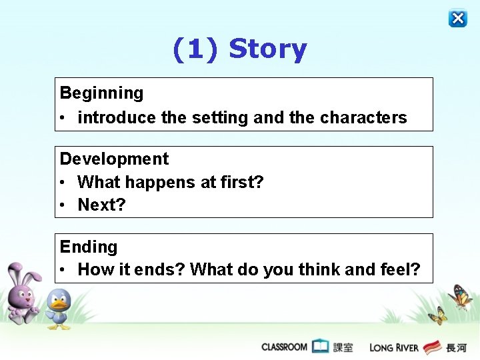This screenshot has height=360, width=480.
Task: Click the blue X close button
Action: pos(458,18)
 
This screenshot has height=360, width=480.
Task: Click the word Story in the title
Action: pos(267,49)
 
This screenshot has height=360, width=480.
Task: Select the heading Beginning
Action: pos(101,93)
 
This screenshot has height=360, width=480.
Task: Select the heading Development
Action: pos(114,159)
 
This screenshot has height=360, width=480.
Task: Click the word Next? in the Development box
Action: pos(101,205)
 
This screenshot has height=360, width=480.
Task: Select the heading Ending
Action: pos(89,247)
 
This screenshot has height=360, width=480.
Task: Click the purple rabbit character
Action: pos(23,293)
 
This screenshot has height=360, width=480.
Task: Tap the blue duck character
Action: pos(59,309)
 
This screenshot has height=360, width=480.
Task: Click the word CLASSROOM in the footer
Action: pos(284,347)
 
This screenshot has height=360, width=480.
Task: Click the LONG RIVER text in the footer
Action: pos(394,347)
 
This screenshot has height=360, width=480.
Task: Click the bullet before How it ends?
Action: pos(61,270)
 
